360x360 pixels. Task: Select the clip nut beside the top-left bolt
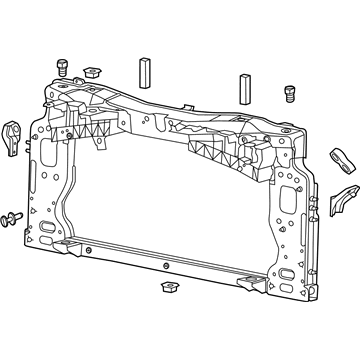(x=96, y=70)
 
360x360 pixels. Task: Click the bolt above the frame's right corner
(x=290, y=92)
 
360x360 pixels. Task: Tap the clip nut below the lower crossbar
(x=168, y=289)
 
